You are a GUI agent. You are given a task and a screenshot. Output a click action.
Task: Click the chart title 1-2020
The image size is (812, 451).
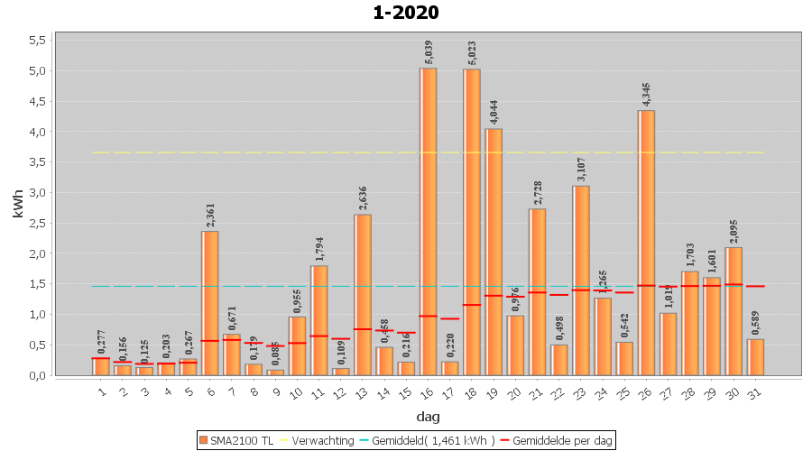coord(406,13)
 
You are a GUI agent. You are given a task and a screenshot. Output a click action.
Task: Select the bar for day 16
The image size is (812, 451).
coord(428,221)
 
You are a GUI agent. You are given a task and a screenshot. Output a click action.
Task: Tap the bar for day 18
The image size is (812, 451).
coord(472,222)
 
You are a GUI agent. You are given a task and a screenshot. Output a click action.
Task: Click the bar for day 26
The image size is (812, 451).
coord(647,243)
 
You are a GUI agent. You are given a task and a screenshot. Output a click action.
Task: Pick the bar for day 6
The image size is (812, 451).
coord(209,303)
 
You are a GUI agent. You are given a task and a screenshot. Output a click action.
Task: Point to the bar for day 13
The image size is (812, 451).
coord(363,294)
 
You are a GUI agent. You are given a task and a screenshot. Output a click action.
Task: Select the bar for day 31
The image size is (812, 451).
coord(756,357)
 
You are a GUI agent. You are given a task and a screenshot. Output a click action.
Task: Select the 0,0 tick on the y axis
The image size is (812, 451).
coord(37,375)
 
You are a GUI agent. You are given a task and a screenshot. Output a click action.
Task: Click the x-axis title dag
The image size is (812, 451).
coord(428,417)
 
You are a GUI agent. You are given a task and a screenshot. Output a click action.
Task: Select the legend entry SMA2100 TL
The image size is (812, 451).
coord(236,440)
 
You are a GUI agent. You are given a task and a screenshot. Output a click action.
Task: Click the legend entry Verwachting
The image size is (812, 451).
coord(315,440)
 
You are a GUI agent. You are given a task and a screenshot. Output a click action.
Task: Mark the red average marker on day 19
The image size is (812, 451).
coord(494,296)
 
